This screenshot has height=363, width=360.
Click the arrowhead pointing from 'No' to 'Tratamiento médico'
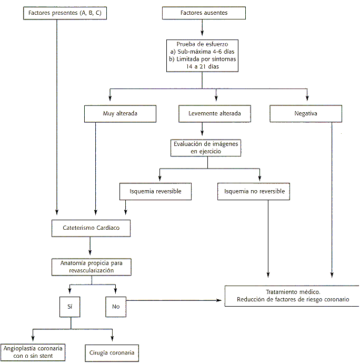(x=219, y=300)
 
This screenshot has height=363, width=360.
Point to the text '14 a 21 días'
(x=203, y=67)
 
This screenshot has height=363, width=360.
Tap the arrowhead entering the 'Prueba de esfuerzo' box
(x=202, y=33)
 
